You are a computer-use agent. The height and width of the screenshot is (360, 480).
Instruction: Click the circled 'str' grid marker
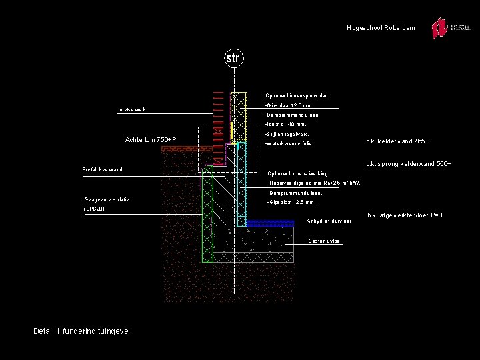pos(232,59)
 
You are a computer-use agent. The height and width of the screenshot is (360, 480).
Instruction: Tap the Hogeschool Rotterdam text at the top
pos(381,28)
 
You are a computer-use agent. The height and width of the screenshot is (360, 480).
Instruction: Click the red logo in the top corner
pos(439,28)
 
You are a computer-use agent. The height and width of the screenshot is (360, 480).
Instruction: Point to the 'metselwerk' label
pos(133,109)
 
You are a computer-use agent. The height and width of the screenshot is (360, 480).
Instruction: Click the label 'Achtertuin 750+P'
pos(150,139)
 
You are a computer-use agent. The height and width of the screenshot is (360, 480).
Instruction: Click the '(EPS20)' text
pos(95,209)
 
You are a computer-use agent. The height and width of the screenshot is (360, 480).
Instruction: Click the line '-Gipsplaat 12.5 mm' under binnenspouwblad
pos(288,105)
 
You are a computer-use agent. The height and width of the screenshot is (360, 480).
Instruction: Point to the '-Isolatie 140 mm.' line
pos(285,124)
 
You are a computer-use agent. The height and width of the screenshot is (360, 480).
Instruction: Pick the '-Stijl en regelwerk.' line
pos(287,134)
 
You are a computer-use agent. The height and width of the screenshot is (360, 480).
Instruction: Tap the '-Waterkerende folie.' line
pos(289,143)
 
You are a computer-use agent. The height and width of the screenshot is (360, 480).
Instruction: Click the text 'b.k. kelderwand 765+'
pos(398,141)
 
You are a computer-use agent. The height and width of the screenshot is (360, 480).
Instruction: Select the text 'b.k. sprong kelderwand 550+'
pos(409,164)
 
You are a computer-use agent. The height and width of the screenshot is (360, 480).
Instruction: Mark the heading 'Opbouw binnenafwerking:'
pos(298,173)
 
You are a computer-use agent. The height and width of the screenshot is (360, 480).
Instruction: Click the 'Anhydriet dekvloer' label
pos(329,221)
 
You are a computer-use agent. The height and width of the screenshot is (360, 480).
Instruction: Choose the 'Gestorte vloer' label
pos(326,241)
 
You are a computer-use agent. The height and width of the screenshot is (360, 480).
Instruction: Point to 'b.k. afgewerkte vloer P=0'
pos(405,215)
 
